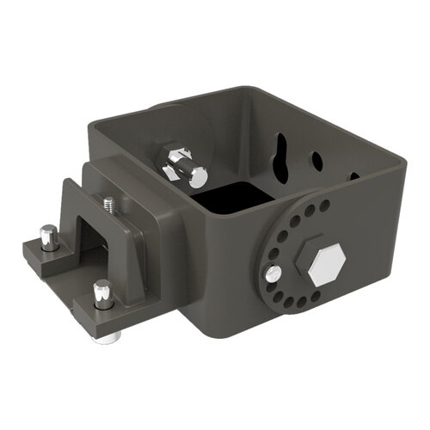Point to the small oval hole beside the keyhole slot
316,161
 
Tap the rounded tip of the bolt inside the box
198,177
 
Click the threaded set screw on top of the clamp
108,205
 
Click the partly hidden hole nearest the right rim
353,176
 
